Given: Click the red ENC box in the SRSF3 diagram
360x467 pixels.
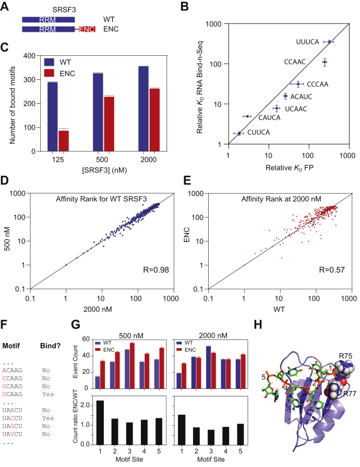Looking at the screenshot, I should pos(87,30).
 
